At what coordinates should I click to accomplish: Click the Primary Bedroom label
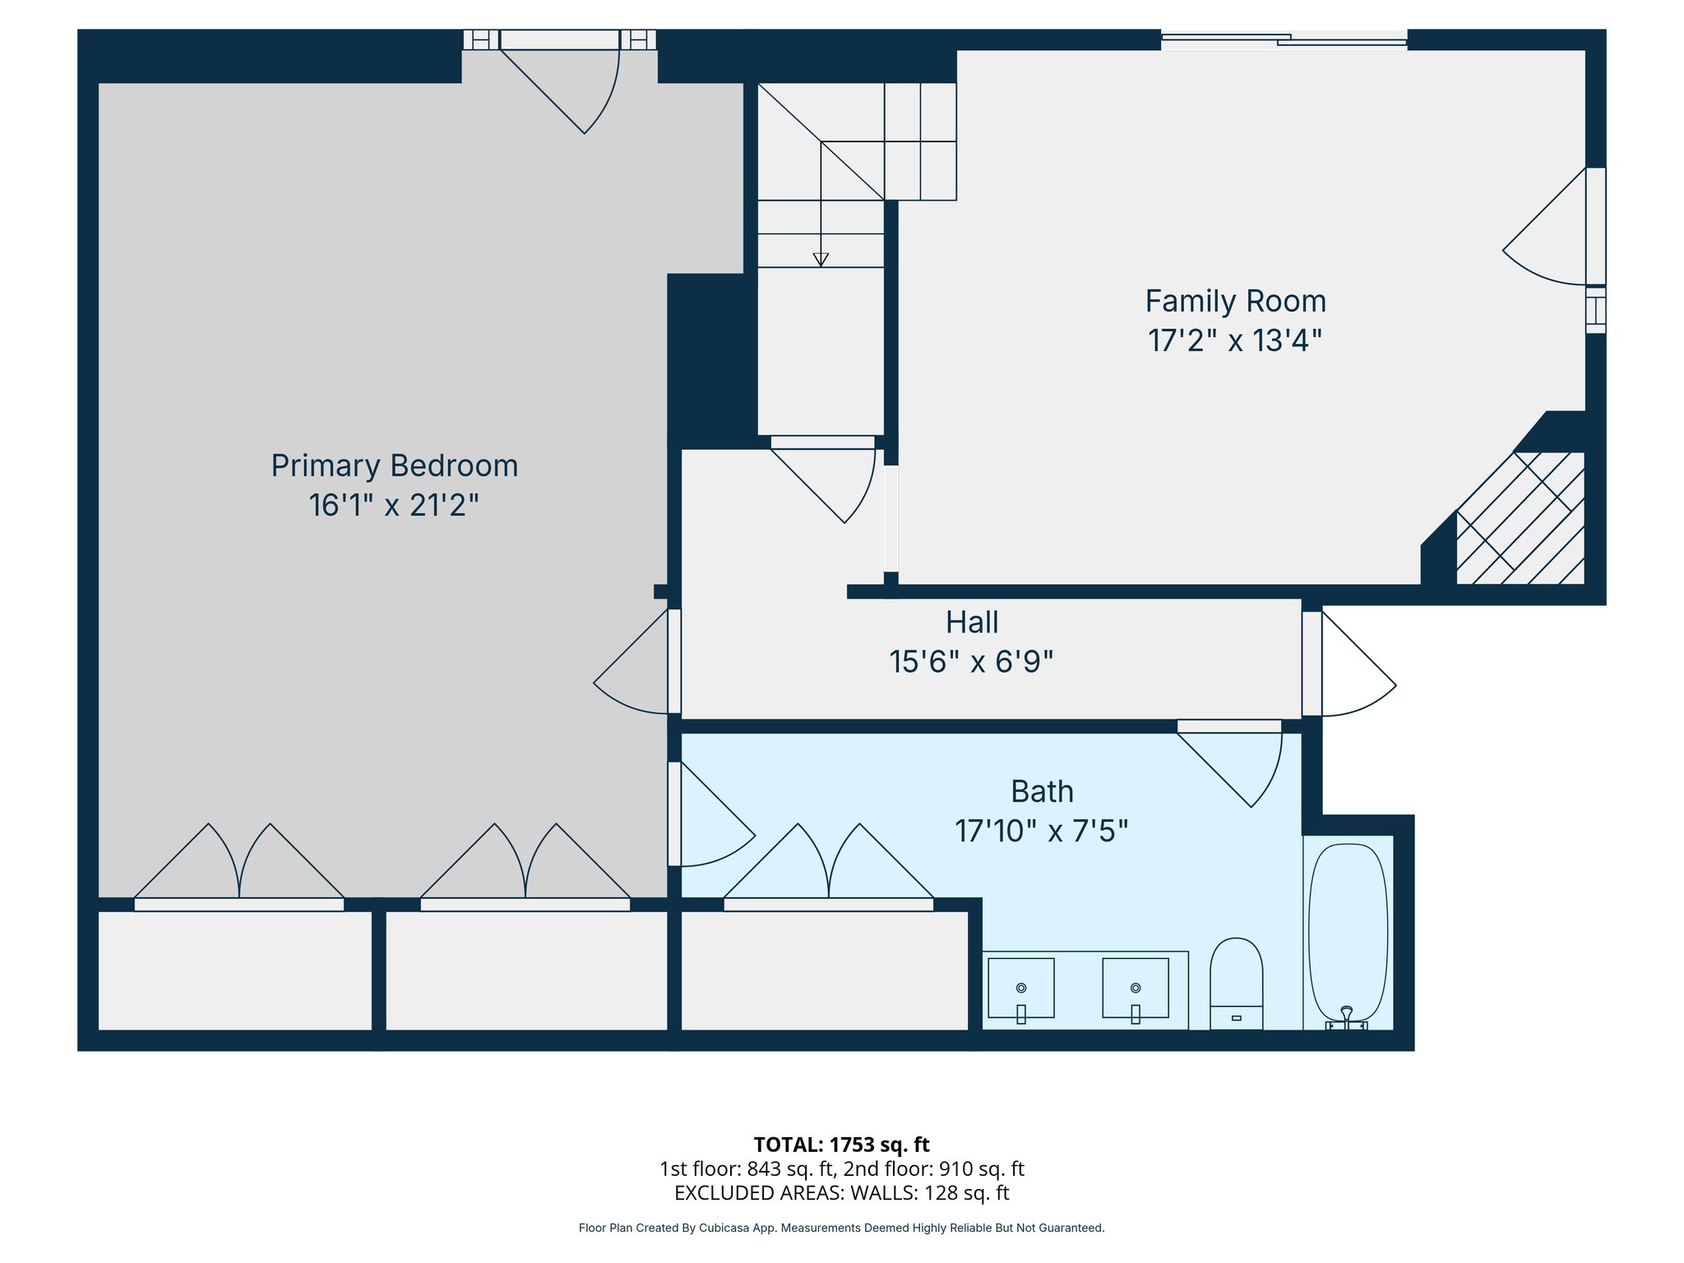395,465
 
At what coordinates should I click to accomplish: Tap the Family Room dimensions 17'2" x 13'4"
1235,340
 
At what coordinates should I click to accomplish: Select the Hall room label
972,622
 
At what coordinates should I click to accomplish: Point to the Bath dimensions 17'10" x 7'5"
1041,831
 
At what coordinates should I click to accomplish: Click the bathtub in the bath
1348,933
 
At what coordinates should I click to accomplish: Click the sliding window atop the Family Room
1284,39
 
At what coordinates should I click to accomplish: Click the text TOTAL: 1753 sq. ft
841,1145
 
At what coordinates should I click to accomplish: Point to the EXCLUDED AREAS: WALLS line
841,1192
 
